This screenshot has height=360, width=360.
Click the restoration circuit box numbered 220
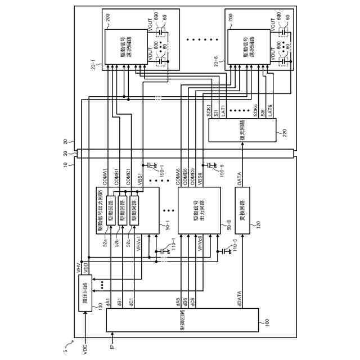(241, 130)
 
